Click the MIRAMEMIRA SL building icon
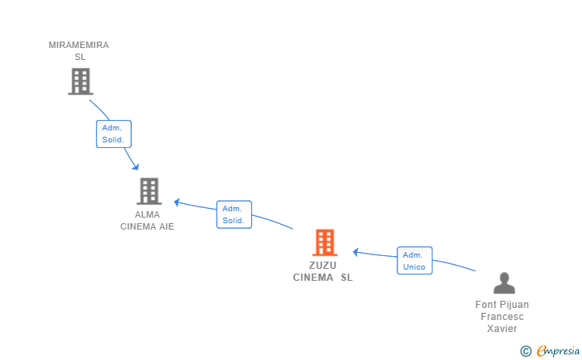pyautogui.click(x=80, y=81)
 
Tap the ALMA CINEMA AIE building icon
pyautogui.click(x=149, y=191)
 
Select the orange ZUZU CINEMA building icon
pyautogui.click(x=324, y=242)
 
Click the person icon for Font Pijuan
pyautogui.click(x=504, y=283)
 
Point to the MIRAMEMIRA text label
pyautogui.click(x=78, y=45)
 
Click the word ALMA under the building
pyautogui.click(x=147, y=214)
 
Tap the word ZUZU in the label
pyautogui.click(x=323, y=265)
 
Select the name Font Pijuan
pyautogui.click(x=502, y=305)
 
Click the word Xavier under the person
pyautogui.click(x=502, y=329)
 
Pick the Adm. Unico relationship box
pyautogui.click(x=414, y=261)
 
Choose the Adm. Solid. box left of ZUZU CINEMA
pyautogui.click(x=233, y=214)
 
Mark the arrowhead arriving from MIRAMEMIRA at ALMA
pyautogui.click(x=135, y=166)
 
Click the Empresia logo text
pyautogui.click(x=557, y=350)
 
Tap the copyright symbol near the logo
pyautogui.click(x=525, y=350)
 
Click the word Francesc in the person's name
pyautogui.click(x=502, y=317)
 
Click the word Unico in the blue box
pyautogui.click(x=414, y=267)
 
